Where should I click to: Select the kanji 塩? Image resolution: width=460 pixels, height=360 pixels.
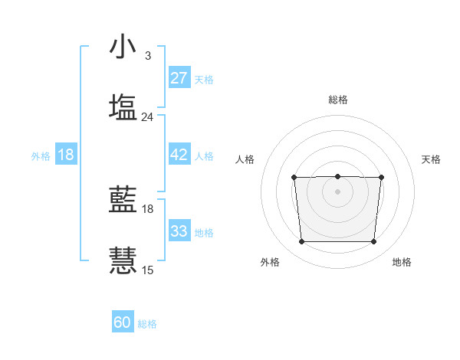point(123,107)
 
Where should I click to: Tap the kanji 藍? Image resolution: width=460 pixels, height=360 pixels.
point(123,200)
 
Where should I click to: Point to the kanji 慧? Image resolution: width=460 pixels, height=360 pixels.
point(123,260)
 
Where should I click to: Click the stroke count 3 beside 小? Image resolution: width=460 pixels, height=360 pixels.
point(148,56)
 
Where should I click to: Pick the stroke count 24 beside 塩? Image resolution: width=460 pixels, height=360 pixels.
point(148,117)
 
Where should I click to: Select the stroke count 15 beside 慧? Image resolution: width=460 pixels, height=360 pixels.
point(148,270)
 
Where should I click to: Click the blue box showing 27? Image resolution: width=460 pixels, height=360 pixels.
point(179,78)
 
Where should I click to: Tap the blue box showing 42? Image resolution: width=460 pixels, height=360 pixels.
point(179,155)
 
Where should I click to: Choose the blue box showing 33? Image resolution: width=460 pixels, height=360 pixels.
point(179,231)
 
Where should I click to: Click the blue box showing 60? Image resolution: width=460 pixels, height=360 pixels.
point(123,323)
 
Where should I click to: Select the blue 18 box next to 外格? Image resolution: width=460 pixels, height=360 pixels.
point(66,155)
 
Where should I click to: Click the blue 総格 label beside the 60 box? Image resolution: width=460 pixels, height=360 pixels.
point(147,324)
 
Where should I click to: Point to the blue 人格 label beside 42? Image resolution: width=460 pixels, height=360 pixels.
point(204,155)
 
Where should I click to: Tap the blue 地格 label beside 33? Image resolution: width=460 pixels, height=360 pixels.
point(204,232)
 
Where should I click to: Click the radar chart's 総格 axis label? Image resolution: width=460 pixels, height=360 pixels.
point(337,100)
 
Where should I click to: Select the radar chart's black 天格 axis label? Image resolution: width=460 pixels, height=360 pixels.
point(432,159)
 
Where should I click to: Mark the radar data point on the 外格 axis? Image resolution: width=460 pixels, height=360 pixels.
point(301,242)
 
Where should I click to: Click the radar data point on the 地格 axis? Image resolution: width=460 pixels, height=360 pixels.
point(373,242)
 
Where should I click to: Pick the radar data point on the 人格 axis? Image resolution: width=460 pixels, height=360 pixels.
point(294,178)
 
